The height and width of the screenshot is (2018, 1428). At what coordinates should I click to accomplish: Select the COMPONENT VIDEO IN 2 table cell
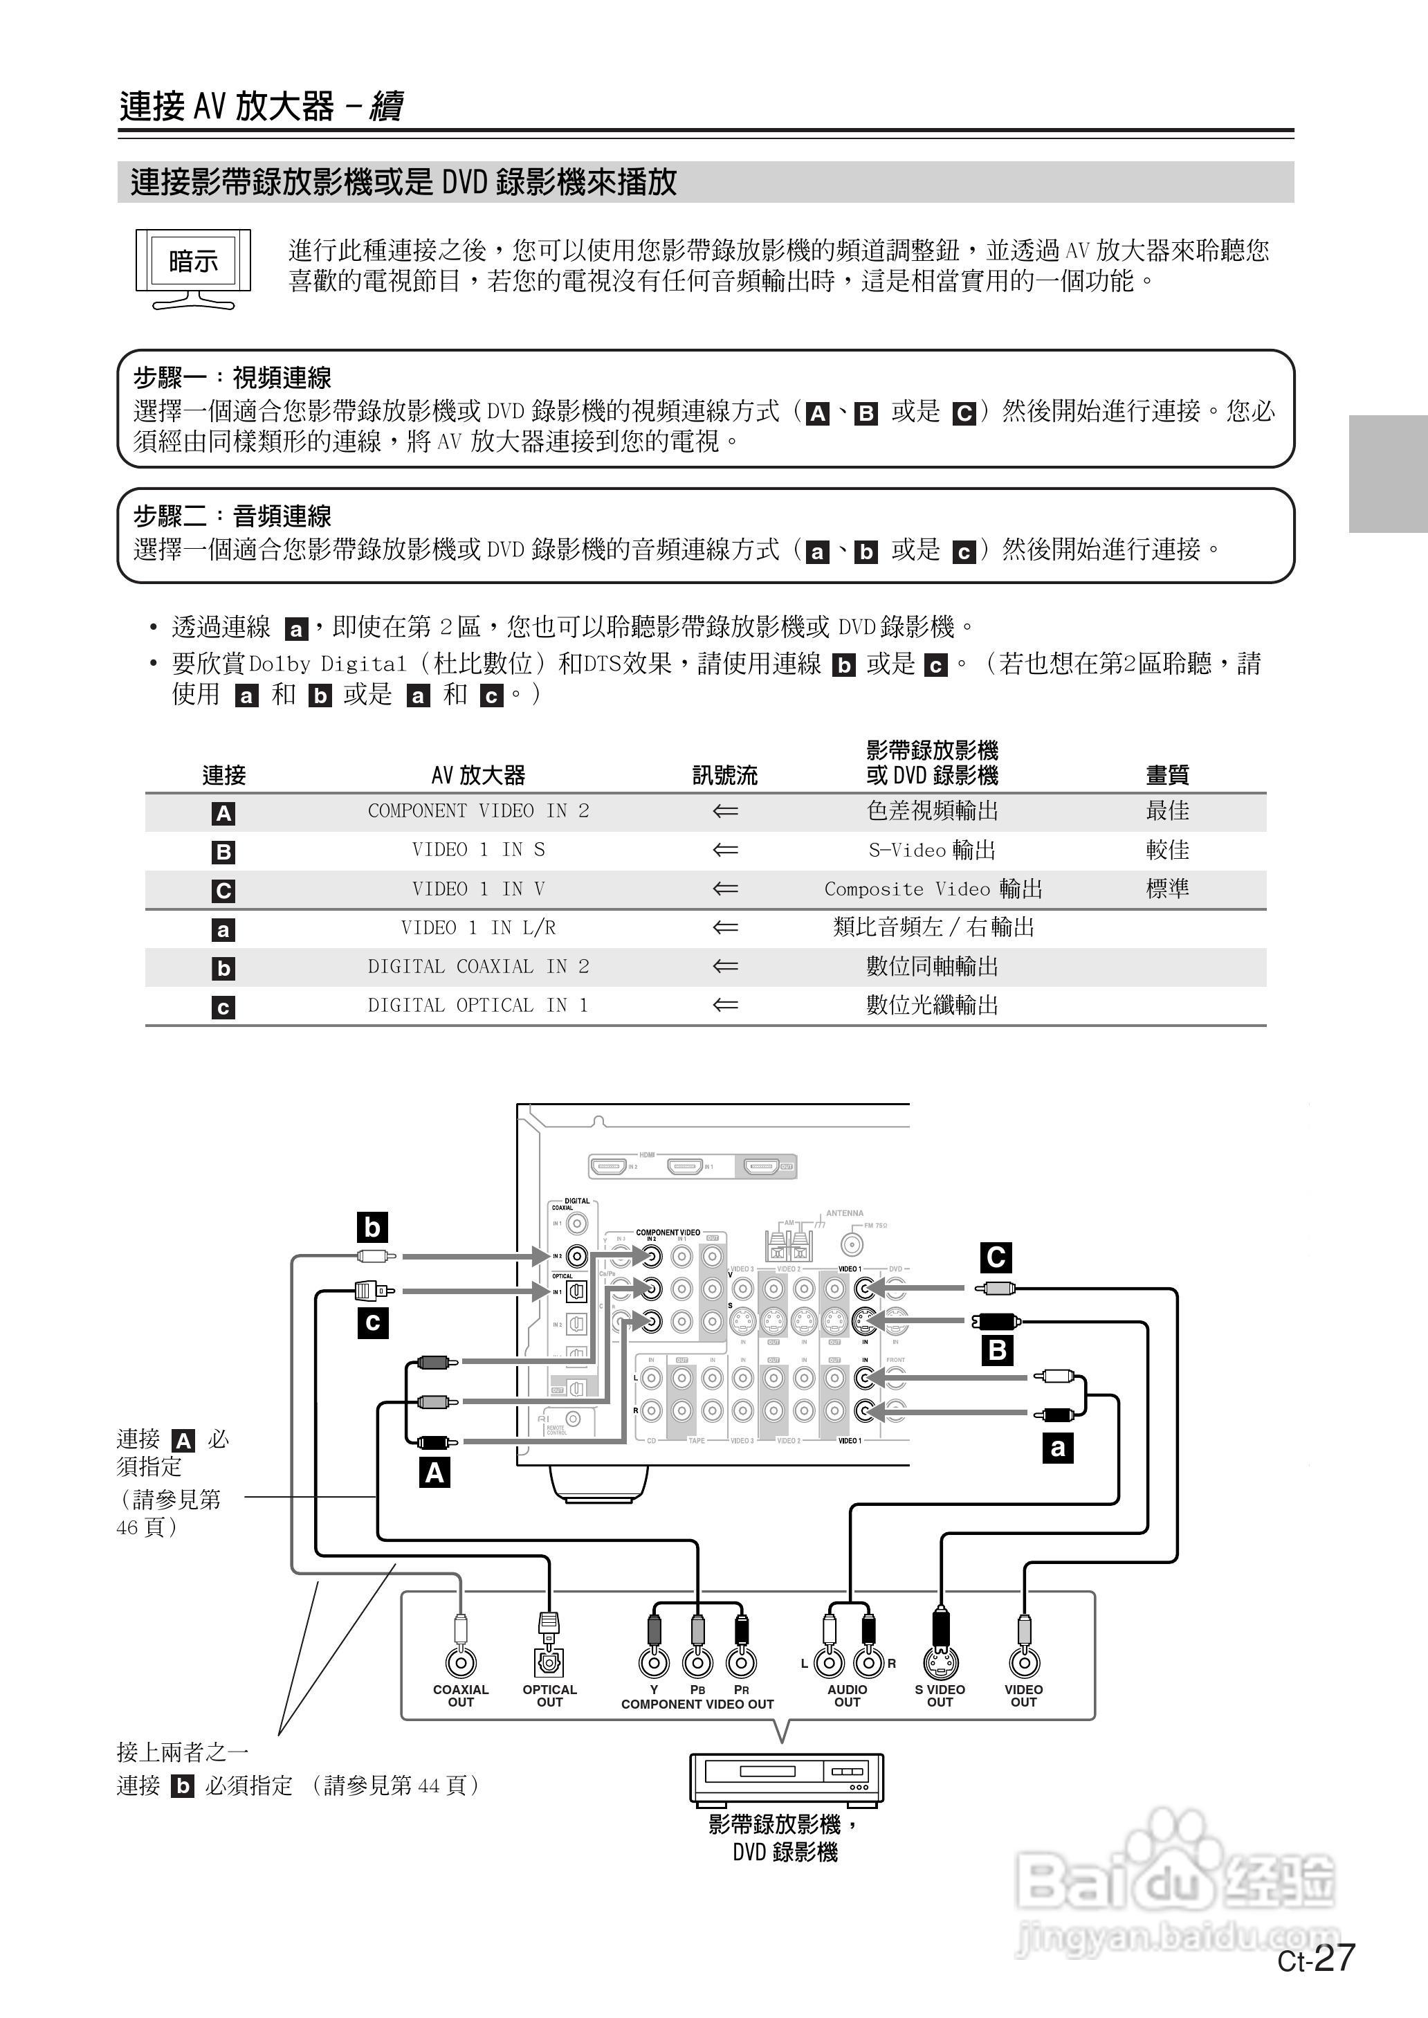coord(477,810)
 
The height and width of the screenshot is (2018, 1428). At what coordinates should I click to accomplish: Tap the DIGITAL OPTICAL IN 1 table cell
coord(477,1005)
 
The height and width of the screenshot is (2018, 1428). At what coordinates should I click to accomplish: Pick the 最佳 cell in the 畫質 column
coord(1167,810)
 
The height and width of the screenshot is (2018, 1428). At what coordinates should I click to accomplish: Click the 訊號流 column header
coord(724,774)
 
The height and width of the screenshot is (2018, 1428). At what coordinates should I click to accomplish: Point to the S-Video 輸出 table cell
coord(932,849)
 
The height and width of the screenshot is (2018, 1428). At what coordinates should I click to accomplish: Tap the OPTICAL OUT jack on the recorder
coord(549,1662)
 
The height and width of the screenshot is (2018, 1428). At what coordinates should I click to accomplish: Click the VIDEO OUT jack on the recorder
coord(1023,1662)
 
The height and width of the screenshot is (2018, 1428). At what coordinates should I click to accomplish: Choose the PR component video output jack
coord(741,1662)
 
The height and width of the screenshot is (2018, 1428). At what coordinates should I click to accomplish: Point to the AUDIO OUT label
coord(847,1696)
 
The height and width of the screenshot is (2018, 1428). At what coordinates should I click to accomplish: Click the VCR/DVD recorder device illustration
coord(785,1778)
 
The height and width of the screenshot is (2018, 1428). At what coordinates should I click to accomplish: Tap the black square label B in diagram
coord(997,1349)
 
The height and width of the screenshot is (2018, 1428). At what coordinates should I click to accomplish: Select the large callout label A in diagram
coord(434,1472)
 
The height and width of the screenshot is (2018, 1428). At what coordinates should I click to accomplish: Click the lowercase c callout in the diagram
coord(373,1322)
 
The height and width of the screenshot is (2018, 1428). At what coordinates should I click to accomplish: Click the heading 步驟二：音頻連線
coord(232,516)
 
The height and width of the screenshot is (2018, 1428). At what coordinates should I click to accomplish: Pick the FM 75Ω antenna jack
coord(851,1244)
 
